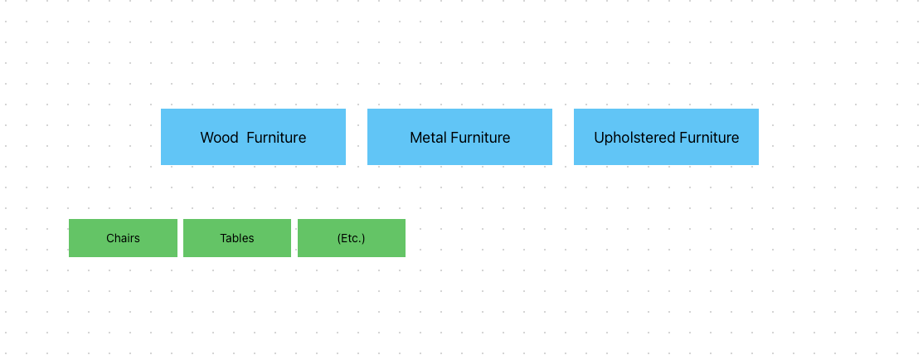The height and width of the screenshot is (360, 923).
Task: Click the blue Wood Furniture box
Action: (253, 137)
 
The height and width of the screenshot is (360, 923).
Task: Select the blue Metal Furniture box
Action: (459, 137)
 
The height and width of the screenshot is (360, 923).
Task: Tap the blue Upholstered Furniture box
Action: (667, 137)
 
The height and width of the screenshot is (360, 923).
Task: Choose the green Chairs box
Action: (123, 238)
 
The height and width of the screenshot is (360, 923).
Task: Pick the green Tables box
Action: (237, 238)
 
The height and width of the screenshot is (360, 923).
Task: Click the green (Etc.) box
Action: (352, 238)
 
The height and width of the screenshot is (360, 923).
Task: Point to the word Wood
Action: (219, 138)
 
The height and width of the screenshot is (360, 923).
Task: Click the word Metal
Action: (428, 138)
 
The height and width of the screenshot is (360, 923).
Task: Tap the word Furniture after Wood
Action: (276, 138)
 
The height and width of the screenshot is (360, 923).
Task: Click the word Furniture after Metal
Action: (480, 138)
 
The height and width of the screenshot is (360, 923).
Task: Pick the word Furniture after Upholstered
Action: (709, 138)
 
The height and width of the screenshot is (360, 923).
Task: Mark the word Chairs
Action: (123, 238)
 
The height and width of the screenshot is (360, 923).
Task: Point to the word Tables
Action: (237, 238)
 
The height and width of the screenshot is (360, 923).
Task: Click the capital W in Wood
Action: (207, 138)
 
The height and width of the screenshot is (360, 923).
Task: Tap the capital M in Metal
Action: (415, 138)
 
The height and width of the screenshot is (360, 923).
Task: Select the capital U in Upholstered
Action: (600, 138)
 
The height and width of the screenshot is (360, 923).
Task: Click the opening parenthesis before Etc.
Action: (339, 238)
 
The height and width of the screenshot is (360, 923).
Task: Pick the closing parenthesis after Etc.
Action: (363, 238)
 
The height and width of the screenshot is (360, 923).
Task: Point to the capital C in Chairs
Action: (110, 238)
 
